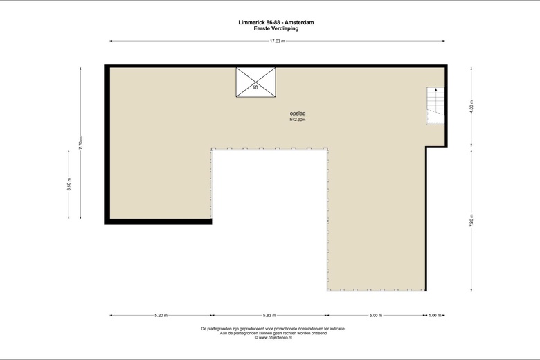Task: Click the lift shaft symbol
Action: click(255, 82)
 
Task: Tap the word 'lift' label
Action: click(255, 87)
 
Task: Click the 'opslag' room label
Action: click(298, 114)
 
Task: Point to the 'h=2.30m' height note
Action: click(298, 120)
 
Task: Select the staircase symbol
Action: click(435, 105)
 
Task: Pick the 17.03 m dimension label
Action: click(277, 41)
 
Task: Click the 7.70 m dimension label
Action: click(80, 143)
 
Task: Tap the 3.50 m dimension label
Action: click(69, 184)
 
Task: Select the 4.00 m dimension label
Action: click(471, 107)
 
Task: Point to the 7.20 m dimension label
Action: click(471, 220)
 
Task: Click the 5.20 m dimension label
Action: click(161, 315)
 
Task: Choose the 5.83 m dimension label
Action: click(269, 315)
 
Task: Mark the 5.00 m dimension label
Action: click(376, 315)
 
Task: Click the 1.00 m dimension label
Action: click(435, 315)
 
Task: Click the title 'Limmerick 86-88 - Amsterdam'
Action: click(276, 22)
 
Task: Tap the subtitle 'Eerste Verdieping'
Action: click(276, 28)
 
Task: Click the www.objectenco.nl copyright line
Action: click(273, 338)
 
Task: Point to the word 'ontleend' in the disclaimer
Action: click(319, 333)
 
